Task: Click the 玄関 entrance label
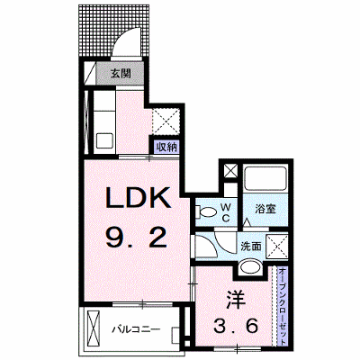(121, 73)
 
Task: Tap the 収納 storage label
(167, 148)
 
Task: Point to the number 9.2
(136, 237)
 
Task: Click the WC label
(226, 212)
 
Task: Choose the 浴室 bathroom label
(265, 209)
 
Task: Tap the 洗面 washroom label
(251, 247)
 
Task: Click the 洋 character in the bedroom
(236, 300)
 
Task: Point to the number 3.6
(236, 326)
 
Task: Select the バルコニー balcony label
(136, 329)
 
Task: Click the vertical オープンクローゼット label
(282, 306)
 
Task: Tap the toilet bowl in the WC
(206, 212)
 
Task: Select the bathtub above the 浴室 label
(265, 178)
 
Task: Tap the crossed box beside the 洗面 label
(277, 247)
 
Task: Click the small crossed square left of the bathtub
(231, 172)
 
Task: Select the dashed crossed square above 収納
(166, 121)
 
